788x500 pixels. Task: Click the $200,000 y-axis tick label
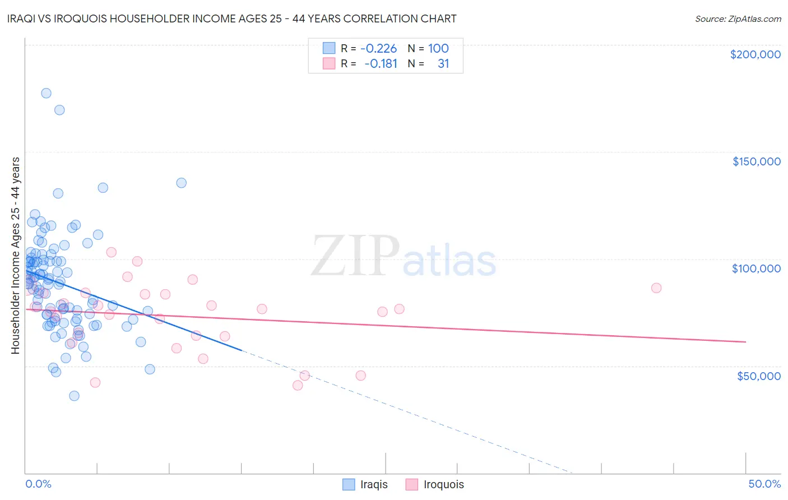755,54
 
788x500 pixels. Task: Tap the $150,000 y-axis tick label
756,161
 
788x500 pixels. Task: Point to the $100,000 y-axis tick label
756,268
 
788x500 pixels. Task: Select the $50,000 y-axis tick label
758,376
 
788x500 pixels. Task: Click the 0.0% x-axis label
38,484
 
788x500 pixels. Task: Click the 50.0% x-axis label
764,484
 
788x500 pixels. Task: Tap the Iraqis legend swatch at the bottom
349,484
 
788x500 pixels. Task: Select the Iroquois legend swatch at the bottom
412,484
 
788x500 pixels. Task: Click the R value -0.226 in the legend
378,48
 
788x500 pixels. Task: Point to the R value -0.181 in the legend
381,64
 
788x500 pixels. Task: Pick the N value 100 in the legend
438,48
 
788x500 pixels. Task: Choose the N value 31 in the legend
443,64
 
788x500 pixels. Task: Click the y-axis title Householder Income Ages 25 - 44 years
15,256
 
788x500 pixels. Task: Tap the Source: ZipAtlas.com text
738,18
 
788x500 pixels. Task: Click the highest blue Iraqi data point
46,93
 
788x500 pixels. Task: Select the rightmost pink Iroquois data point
656,288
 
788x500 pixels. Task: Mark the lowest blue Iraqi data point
74,396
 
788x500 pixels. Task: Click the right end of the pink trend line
745,341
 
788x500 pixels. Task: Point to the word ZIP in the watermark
355,256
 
